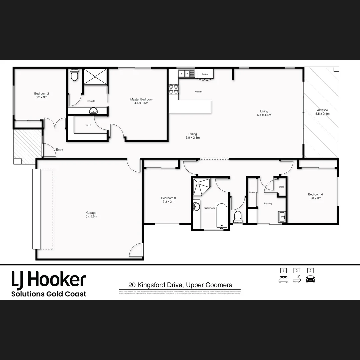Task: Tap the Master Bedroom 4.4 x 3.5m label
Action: [x=141, y=101]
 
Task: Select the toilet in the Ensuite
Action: [x=74, y=76]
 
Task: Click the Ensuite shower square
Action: [x=95, y=77]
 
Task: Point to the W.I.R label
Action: [x=89, y=125]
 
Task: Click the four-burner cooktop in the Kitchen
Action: [x=173, y=89]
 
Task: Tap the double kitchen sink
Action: [x=187, y=73]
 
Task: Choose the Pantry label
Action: [x=205, y=74]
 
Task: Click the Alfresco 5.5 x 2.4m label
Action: [x=322, y=112]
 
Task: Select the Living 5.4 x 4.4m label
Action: [x=264, y=113]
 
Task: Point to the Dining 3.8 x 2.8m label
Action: [x=192, y=136]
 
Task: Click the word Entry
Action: [x=59, y=150]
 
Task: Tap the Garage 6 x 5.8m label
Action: [x=91, y=214]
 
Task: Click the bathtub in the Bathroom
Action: [x=221, y=216]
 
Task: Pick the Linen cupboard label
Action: [x=252, y=193]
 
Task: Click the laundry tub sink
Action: [x=282, y=217]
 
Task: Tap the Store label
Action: [x=282, y=187]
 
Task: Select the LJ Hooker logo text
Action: [x=49, y=280]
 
